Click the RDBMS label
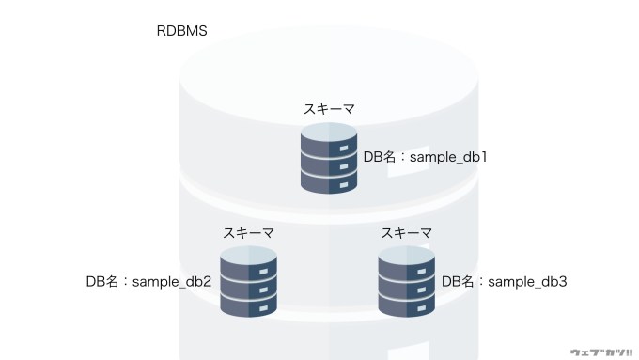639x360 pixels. pos(181,31)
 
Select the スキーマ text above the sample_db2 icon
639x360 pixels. pos(248,232)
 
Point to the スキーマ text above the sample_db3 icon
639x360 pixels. pos(406,232)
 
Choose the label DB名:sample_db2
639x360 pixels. pos(148,281)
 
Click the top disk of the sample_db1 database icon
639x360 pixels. pos(329,140)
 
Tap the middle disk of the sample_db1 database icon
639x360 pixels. pos(329,165)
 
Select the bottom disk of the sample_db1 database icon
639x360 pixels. pos(329,183)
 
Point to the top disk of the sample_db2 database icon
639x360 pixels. pos(248,262)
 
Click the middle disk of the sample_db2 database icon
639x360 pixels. pos(248,288)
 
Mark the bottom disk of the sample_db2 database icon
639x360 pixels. pos(248,305)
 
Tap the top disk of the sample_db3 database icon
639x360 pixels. pos(406,262)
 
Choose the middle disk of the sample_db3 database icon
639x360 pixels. pos(406,288)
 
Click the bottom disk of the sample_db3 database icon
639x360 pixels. pos(406,305)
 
